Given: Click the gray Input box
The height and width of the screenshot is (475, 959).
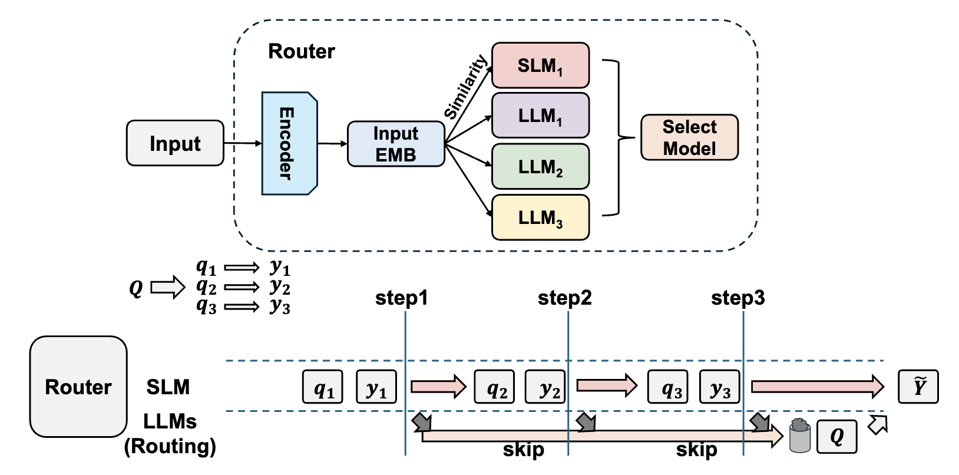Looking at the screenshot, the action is point(175,143).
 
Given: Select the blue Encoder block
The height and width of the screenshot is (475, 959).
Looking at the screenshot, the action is point(290,143).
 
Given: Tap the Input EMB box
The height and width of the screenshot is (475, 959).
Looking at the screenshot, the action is point(396,144).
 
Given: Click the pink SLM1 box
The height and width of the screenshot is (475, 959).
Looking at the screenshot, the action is point(540,65).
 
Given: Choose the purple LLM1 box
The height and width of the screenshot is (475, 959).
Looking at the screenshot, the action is point(540,116).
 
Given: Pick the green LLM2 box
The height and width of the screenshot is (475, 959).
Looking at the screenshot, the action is point(540,167).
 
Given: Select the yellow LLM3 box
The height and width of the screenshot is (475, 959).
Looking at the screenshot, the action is point(540,217).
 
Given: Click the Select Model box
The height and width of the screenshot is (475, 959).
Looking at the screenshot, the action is point(689,137).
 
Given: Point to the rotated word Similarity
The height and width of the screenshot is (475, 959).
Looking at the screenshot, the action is point(465,87).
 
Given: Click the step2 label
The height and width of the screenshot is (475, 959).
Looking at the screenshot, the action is point(565,298).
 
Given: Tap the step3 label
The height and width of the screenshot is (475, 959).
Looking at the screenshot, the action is point(738,298).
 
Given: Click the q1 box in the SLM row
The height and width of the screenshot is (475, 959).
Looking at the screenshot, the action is point(323,387).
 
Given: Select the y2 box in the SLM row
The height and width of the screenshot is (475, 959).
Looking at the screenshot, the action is point(545,387).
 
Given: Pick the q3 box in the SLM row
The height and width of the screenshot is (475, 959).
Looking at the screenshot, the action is point(668,387).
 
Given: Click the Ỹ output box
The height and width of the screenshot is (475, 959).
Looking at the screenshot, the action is point(918,387).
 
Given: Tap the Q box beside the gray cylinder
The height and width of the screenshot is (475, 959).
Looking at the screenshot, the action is point(837,437).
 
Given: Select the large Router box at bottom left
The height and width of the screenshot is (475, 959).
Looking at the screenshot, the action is point(78,387).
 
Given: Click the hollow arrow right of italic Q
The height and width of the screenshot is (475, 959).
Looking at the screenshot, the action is point(168,287).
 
